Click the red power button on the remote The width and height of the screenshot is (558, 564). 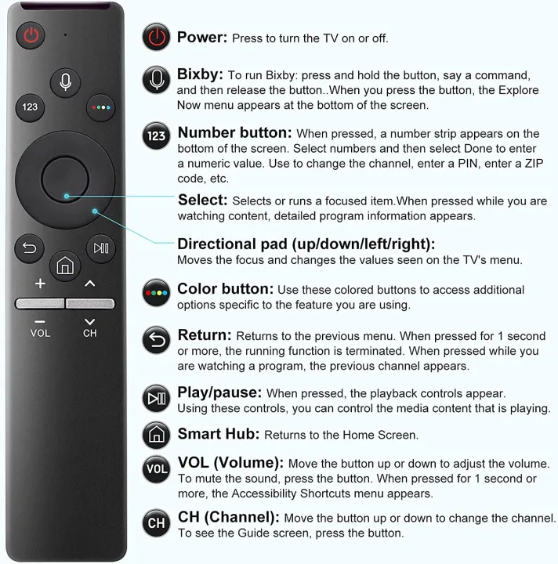click(x=31, y=35)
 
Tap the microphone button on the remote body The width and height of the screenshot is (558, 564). click(x=65, y=81)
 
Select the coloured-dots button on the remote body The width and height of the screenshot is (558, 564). click(x=100, y=107)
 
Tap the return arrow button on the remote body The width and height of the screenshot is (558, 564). click(x=30, y=248)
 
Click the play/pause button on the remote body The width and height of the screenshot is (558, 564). click(x=100, y=248)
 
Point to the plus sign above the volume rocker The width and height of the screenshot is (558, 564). click(x=40, y=283)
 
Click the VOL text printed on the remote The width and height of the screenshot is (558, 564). click(x=40, y=333)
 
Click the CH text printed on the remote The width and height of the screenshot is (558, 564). click(x=90, y=333)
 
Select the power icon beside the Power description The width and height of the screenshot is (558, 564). click(x=157, y=38)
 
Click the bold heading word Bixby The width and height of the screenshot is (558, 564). click(x=200, y=75)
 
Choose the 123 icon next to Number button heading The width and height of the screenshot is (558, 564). click(x=157, y=136)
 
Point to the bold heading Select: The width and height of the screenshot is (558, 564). click(x=203, y=200)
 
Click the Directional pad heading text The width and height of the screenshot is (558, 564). click(x=306, y=244)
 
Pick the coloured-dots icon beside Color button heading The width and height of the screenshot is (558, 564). click(x=157, y=295)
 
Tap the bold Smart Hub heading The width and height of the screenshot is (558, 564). click(x=218, y=433)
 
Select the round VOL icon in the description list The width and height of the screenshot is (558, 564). click(x=157, y=470)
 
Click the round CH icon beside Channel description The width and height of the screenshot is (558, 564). click(x=157, y=522)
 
